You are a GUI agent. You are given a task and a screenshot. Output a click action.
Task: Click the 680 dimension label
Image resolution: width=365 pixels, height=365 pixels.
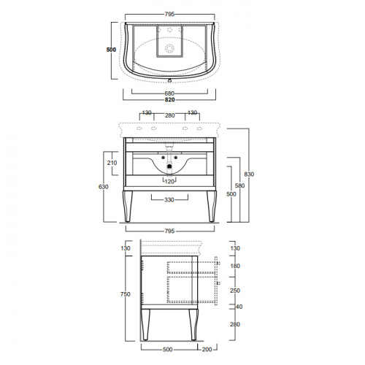pyautogui.click(x=169, y=93)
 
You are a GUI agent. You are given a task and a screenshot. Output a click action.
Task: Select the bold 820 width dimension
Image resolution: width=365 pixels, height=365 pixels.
pyautogui.click(x=170, y=100)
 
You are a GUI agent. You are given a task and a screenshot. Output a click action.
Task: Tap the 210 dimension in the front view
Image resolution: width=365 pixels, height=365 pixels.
pyautogui.click(x=112, y=163)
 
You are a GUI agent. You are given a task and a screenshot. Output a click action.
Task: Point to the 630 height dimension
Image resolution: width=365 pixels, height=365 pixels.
pyautogui.click(x=104, y=187)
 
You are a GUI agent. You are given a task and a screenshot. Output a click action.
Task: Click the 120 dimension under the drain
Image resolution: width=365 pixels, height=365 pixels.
pyautogui.click(x=169, y=182)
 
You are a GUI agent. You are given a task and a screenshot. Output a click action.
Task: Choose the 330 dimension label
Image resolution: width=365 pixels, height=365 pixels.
pyautogui.click(x=169, y=200)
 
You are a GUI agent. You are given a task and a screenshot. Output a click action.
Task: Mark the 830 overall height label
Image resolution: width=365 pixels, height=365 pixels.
pyautogui.click(x=249, y=174)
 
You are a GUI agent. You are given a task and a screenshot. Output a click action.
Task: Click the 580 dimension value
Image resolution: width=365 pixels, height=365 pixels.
pyautogui.click(x=239, y=185)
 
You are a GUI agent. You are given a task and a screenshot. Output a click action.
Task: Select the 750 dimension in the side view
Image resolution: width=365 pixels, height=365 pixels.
pyautogui.click(x=126, y=294)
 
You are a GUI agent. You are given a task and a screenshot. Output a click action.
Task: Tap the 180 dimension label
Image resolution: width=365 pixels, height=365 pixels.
pyautogui.click(x=235, y=266)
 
